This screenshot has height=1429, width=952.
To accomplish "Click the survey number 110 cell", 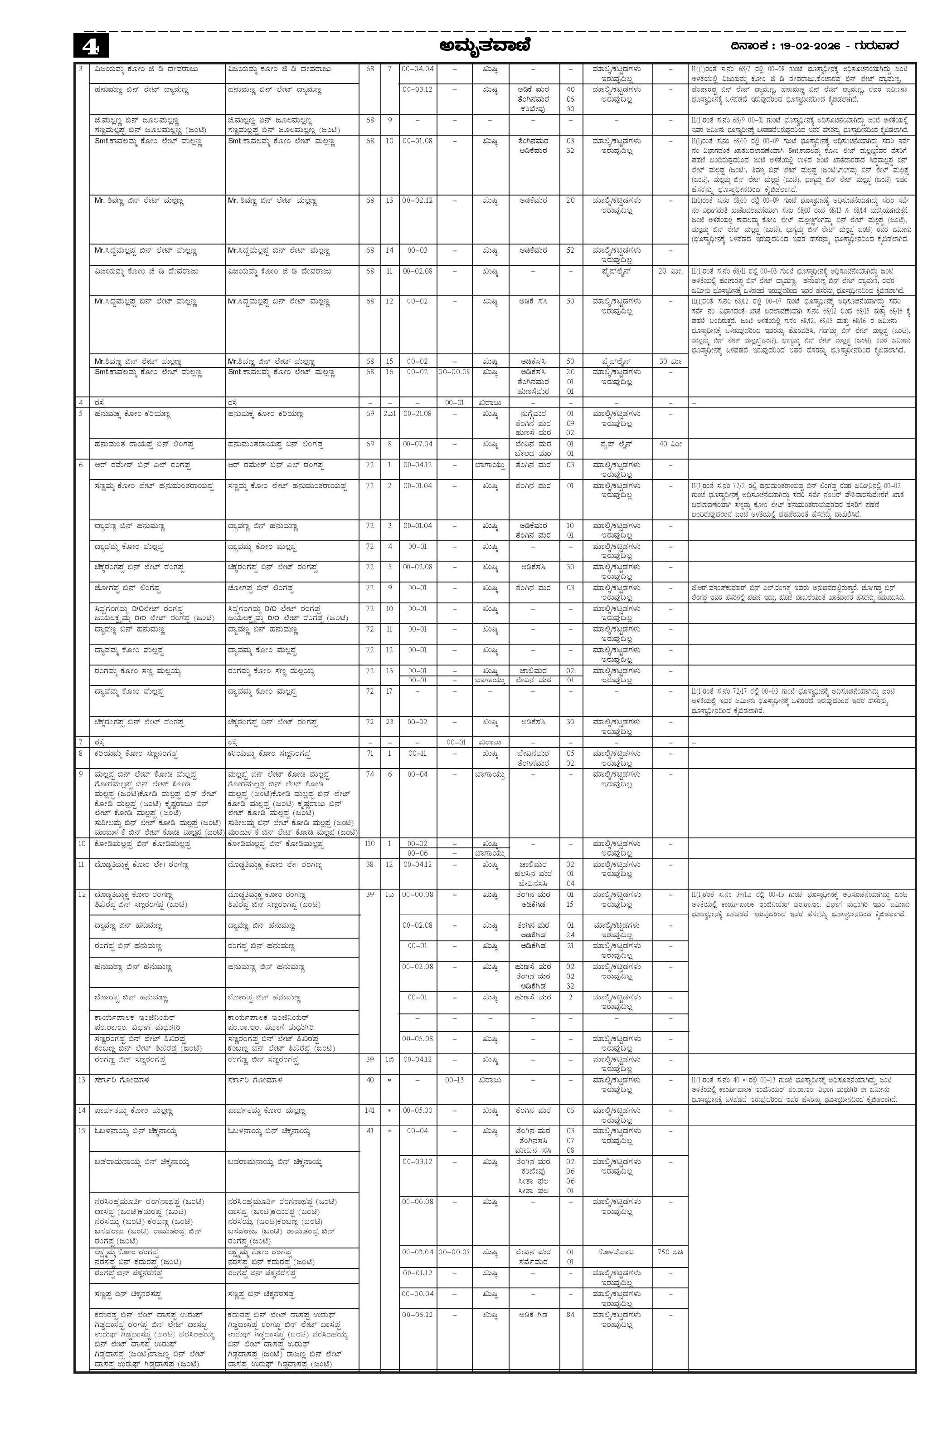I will [370, 844].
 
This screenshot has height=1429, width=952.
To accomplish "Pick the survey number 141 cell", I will [370, 1111].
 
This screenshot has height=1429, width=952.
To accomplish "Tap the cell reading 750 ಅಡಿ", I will [670, 1252].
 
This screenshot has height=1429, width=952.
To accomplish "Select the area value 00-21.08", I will [417, 414].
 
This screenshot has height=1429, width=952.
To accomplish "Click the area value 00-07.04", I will [417, 444].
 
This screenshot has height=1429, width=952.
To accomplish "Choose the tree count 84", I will [570, 1314].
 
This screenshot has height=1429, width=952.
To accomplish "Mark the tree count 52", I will [570, 250].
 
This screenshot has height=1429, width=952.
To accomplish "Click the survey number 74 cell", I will [370, 775].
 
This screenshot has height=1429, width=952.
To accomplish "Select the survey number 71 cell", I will [370, 754].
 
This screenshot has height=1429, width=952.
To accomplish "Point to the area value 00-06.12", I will [417, 1314].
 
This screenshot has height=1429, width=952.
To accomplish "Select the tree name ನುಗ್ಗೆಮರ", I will [534, 414].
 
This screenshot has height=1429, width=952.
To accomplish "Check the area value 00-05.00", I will [417, 1111].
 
